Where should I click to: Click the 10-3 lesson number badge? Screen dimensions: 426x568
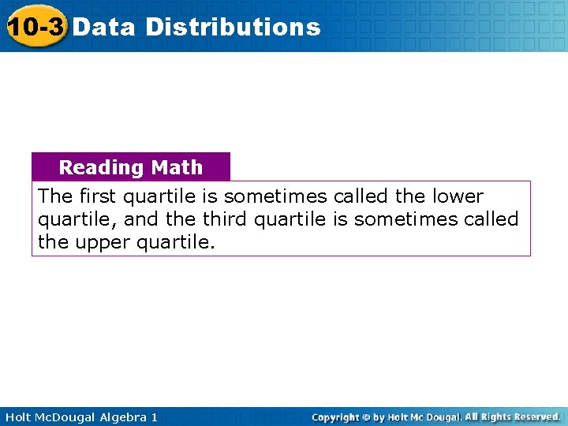click(35, 26)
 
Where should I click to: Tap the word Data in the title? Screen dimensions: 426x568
click(104, 27)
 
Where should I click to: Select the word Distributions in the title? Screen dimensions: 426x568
click(234, 27)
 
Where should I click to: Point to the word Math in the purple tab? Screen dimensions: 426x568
click(177, 167)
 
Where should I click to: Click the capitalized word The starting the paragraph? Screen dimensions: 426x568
click(55, 196)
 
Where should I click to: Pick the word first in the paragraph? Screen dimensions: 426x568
click(97, 196)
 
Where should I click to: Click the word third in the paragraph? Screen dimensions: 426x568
click(226, 219)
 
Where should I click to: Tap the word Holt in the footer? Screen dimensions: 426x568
click(18, 417)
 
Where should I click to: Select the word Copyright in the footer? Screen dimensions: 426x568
click(335, 417)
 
